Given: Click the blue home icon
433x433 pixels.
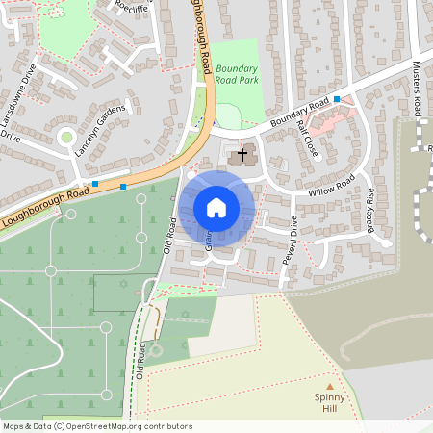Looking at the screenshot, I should coord(216,208).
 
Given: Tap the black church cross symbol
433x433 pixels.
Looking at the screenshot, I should coord(242,154).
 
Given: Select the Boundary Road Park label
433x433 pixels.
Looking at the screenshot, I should coord(237,74).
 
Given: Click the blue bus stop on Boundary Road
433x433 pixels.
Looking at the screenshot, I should coord(337,99).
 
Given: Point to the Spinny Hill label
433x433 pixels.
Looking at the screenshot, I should coord(326,402).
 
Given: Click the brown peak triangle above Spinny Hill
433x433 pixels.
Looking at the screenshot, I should coord(327,386).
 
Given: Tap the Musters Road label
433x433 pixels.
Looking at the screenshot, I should coord(418,88).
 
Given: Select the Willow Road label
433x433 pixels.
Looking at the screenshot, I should coord(331,186).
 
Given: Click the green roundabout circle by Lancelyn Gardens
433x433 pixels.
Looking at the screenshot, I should coord(65,138).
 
